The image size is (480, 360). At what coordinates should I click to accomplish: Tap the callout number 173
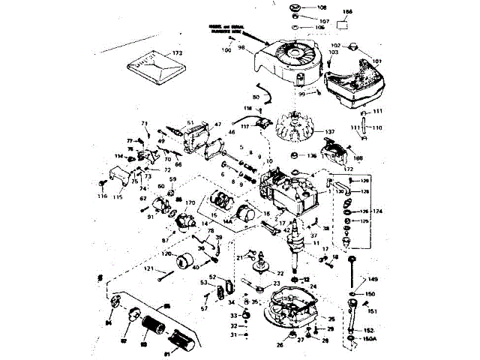(177, 53)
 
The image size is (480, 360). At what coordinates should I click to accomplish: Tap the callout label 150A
(369, 339)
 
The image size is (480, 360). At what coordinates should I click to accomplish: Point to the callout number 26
(280, 345)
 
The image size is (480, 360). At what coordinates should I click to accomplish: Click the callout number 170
(190, 203)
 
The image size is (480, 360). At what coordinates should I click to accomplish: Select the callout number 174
(376, 210)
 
